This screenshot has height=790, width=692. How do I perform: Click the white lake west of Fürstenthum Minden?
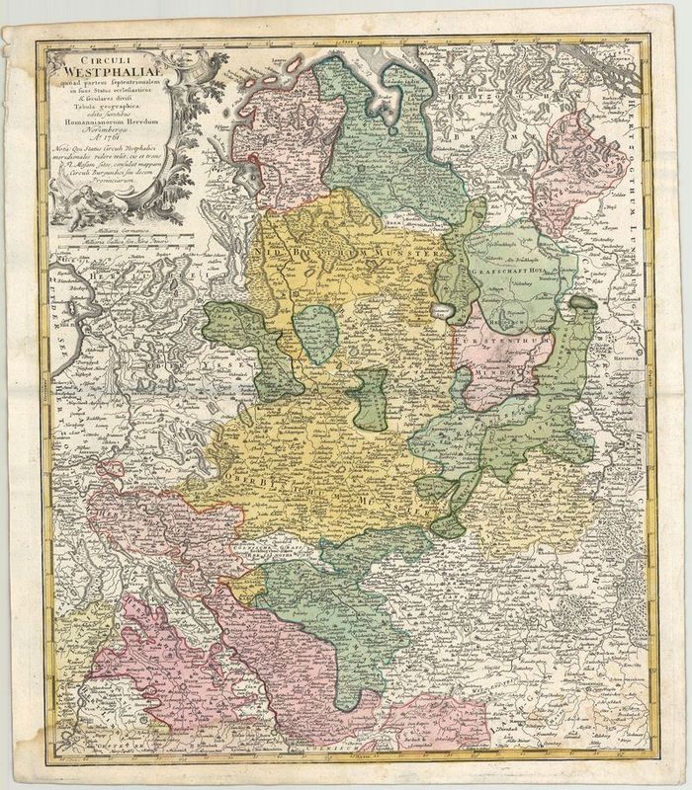point(447,314)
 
